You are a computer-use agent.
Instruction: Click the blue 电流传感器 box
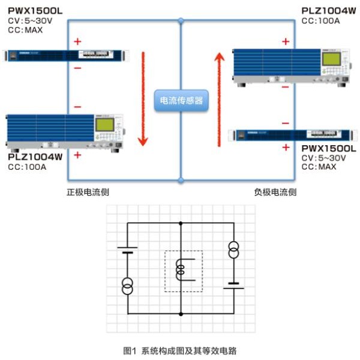tap(181, 101)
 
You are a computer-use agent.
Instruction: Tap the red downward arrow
tap(143, 99)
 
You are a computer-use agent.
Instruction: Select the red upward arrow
tap(219, 100)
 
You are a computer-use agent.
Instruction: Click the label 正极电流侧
tap(88, 192)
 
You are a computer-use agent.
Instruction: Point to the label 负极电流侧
tap(275, 192)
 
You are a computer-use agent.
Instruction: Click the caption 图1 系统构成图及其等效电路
tap(180, 351)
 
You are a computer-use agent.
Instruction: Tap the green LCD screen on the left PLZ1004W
tap(104, 125)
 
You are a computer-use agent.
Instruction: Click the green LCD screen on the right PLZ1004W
tap(331, 59)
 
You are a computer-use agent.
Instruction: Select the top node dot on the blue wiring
tap(181, 21)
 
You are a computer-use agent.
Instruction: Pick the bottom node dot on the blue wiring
tap(181, 180)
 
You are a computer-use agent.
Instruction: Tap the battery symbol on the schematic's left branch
tap(127, 250)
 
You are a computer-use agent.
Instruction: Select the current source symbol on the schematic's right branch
tap(234, 250)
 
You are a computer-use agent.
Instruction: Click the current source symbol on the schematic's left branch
tap(127, 286)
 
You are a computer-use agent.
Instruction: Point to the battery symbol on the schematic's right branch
tap(234, 286)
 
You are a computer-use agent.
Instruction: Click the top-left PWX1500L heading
tap(35, 11)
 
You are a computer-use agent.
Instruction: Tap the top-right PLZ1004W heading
tap(329, 11)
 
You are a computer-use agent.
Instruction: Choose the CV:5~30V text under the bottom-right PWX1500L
tap(324, 158)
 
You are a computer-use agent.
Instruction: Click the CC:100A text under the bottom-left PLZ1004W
tap(27, 167)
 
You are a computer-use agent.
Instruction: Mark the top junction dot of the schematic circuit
tap(181, 223)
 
